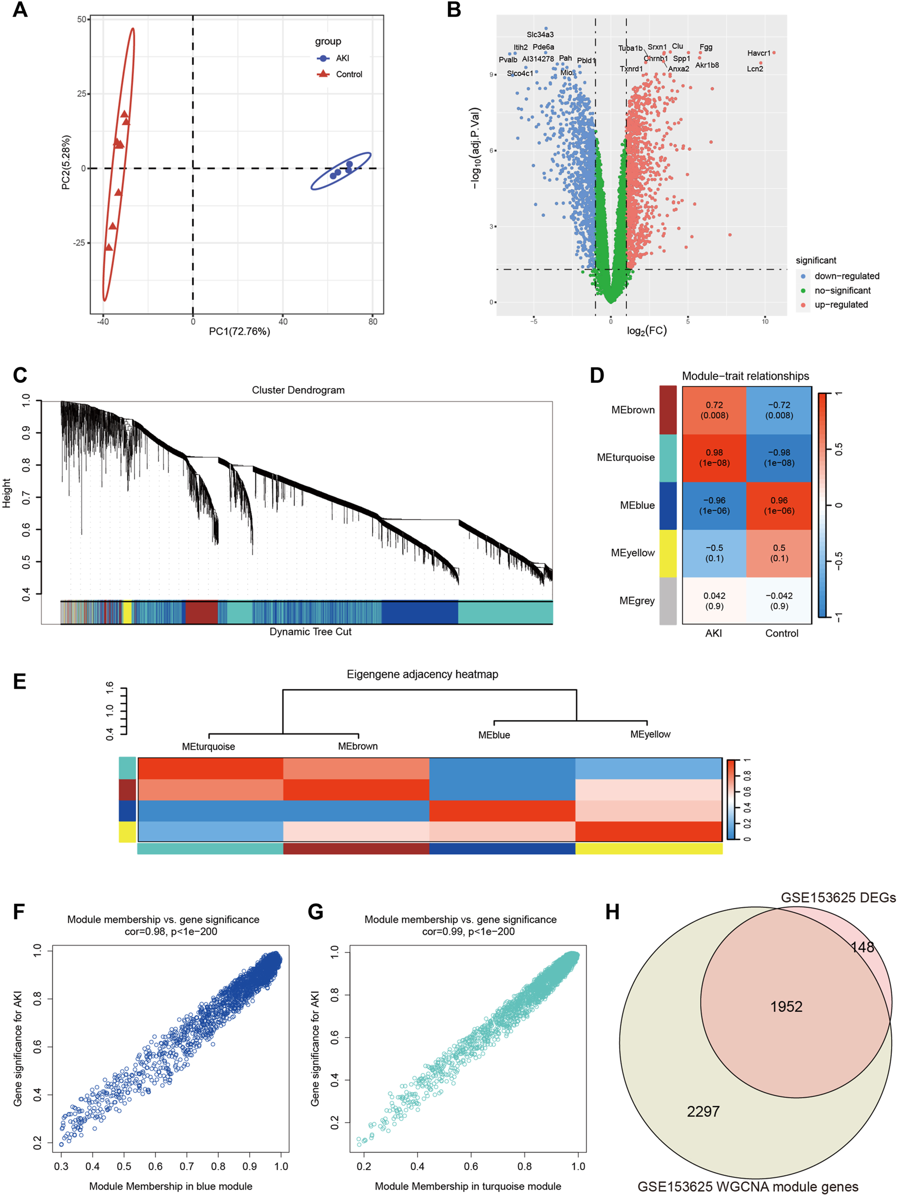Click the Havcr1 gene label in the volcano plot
[758, 53]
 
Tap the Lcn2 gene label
[755, 69]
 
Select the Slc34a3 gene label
[540, 35]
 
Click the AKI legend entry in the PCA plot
[342, 58]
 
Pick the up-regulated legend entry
[841, 304]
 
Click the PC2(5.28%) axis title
[66, 163]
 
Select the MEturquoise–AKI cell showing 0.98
[714, 458]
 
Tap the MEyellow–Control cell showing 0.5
[779, 553]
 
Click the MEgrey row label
[637, 601]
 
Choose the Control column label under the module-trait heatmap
[781, 633]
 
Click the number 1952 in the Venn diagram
[786, 1006]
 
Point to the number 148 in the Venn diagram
[862, 947]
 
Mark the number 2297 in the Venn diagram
[703, 1111]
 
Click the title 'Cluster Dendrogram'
[298, 390]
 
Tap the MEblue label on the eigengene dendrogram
[494, 735]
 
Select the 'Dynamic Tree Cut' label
[310, 632]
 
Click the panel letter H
[612, 912]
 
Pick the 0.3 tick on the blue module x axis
[61, 1166]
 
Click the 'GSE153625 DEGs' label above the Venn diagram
[838, 897]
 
